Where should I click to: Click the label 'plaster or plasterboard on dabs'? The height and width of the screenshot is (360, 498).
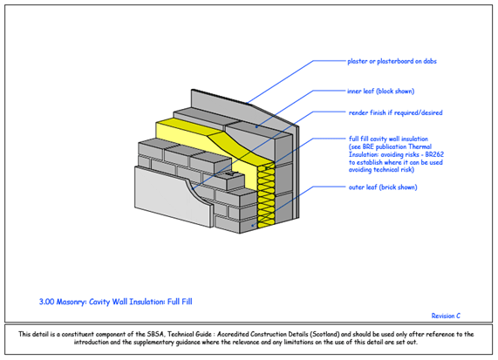tap(392, 61)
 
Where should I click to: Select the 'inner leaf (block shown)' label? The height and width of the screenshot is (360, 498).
tap(381, 92)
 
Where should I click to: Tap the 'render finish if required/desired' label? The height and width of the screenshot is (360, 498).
tap(395, 112)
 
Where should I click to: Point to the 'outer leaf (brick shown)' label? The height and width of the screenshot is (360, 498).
tap(383, 187)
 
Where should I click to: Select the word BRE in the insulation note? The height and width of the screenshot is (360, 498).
tap(368, 147)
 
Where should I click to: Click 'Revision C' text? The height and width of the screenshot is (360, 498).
tap(446, 316)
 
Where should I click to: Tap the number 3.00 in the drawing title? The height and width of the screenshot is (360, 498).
tap(47, 302)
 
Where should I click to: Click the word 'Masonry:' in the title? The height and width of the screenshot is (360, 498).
tap(72, 302)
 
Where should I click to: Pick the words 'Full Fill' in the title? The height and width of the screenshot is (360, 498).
tap(180, 302)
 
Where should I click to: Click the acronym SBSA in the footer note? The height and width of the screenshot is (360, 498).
tap(155, 335)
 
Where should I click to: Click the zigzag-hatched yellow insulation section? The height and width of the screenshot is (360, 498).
tap(266, 196)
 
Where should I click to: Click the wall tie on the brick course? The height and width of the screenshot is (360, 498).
tap(231, 174)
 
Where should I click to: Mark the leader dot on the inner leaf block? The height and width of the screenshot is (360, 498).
tap(257, 127)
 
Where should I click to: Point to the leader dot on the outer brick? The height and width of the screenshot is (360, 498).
tap(253, 226)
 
